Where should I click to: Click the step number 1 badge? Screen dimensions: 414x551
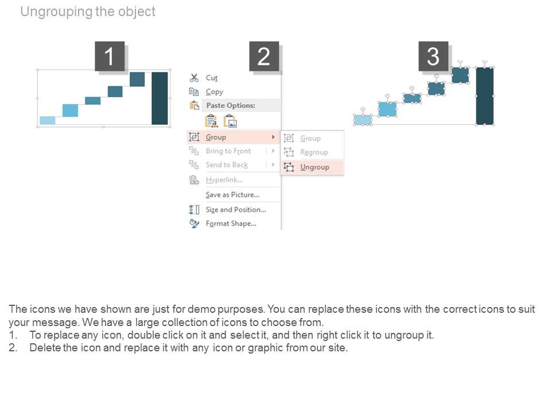pos(110,57)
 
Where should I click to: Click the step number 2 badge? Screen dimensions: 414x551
pos(263,57)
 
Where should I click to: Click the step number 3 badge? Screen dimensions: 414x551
pos(433,57)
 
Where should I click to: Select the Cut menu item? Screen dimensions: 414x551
pos(211,78)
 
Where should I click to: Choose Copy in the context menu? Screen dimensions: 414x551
pos(214,92)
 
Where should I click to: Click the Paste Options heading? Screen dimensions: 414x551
pos(230,106)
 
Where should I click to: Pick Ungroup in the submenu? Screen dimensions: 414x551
pos(315,167)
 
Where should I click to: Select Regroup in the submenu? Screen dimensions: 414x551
pos(314,152)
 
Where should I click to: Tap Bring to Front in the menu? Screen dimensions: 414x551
pos(228,151)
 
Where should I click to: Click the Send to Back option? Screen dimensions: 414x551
pos(227,165)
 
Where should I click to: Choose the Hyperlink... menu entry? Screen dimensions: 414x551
pos(224,180)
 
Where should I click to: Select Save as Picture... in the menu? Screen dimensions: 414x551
pos(232,195)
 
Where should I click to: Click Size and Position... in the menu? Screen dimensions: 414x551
pos(235,210)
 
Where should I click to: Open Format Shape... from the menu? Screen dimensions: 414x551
pos(231,224)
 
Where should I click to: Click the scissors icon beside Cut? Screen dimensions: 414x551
pos(194,78)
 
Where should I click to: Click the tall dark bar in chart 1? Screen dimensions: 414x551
pos(160,98)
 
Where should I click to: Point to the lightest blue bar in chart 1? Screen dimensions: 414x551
pos(48,120)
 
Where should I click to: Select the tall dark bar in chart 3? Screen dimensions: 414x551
pos(484,95)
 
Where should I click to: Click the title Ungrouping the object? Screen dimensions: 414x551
pos(88,11)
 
